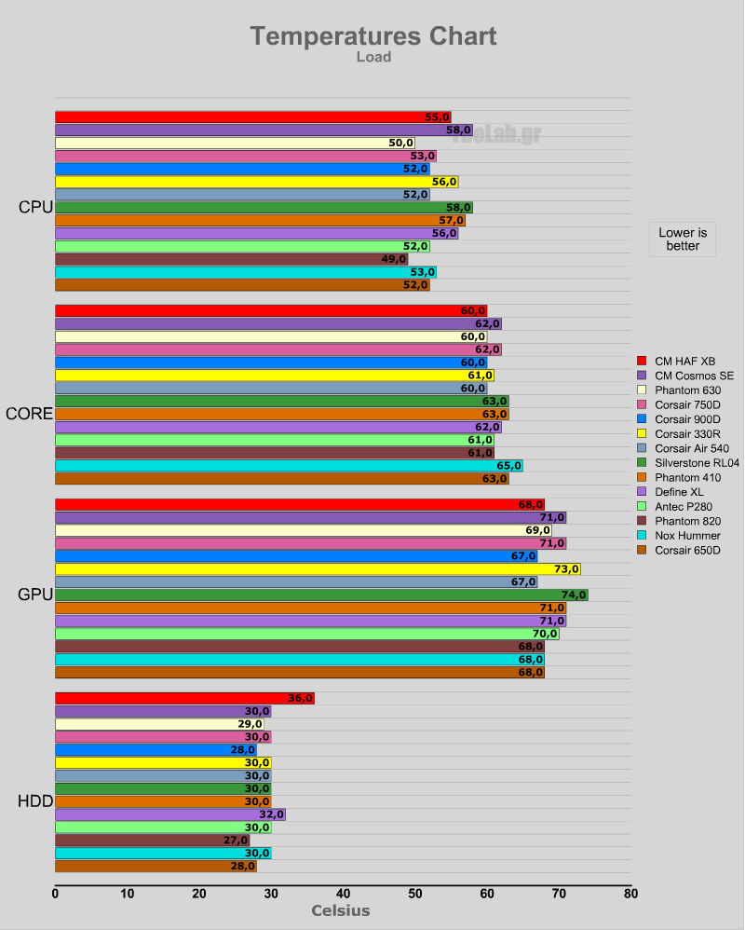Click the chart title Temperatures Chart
pyautogui.click(x=372, y=36)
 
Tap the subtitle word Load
pyautogui.click(x=372, y=57)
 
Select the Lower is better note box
pyautogui.click(x=683, y=239)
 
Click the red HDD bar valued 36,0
pyautogui.click(x=184, y=698)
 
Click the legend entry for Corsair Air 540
pyautogui.click(x=686, y=449)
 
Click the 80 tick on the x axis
pyautogui.click(x=630, y=894)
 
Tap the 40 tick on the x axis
pyautogui.click(x=343, y=894)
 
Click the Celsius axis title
pyautogui.click(x=340, y=911)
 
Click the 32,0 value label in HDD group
pyautogui.click(x=271, y=814)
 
